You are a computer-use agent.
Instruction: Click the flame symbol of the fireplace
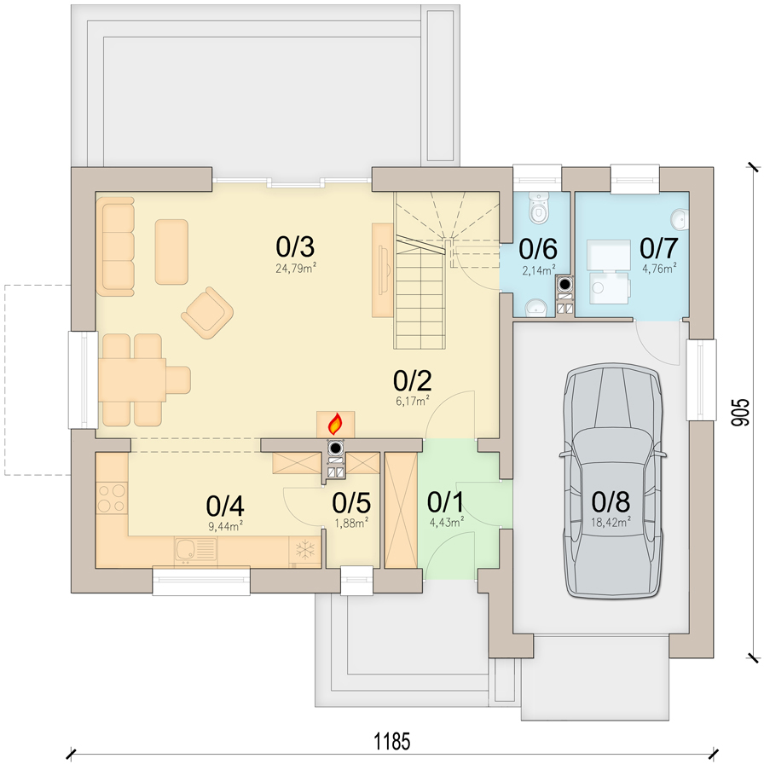335,424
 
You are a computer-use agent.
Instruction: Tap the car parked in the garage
613,481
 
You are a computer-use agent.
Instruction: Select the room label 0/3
295,246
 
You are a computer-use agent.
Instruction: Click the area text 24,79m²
296,268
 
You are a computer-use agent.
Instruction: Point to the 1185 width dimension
391,741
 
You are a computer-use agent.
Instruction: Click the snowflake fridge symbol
305,549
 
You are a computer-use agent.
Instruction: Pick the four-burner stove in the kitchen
112,497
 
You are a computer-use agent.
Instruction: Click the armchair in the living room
207,312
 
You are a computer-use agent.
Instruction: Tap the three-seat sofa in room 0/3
115,246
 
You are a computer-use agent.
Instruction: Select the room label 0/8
611,501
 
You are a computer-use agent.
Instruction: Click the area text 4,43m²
446,523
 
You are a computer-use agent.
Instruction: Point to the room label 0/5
351,502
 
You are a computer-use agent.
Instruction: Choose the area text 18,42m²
611,523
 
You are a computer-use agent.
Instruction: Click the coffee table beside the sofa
171,252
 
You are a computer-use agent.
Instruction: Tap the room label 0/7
658,247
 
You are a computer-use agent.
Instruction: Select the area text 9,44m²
226,526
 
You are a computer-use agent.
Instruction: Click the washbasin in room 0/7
680,219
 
